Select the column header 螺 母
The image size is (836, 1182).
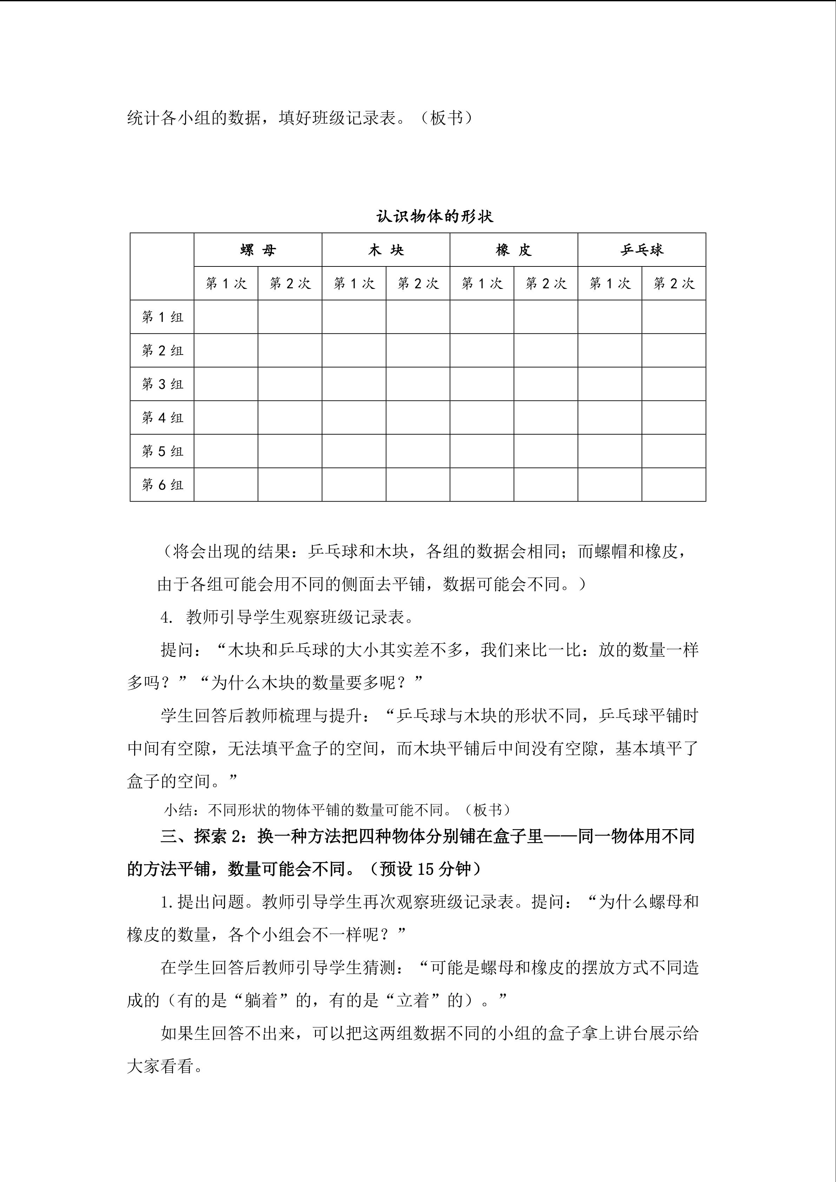[x=258, y=250]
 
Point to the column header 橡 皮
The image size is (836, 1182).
[x=513, y=250]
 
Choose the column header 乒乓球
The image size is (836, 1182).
[x=641, y=250]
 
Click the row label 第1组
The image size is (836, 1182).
[x=162, y=317]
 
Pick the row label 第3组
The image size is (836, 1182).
[x=162, y=384]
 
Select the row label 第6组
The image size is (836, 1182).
[x=162, y=484]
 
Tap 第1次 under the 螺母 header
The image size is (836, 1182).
[x=226, y=283]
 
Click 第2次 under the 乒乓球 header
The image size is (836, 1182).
[x=674, y=283]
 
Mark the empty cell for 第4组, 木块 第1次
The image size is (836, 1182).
[x=354, y=417]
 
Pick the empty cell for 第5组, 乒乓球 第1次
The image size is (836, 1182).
[x=610, y=451]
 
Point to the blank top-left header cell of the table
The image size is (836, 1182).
[x=162, y=267]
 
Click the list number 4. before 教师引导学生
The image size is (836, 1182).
[x=167, y=617]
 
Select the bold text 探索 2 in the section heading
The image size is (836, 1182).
[x=217, y=837]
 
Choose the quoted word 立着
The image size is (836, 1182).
[x=413, y=1000]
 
